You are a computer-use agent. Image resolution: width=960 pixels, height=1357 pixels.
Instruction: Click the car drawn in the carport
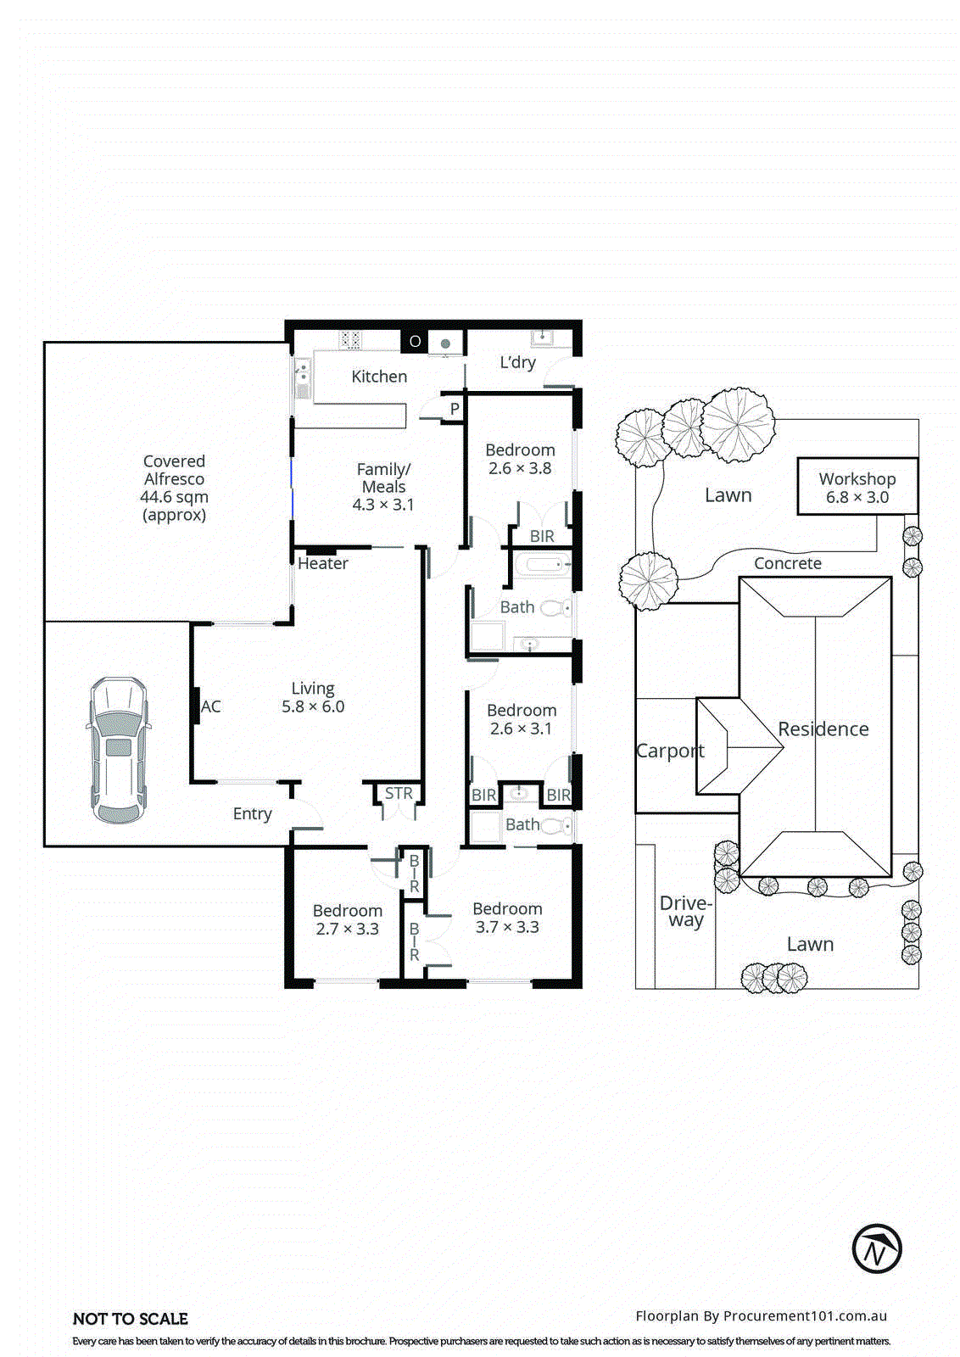click(119, 750)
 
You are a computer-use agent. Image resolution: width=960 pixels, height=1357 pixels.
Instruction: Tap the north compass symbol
click(876, 1248)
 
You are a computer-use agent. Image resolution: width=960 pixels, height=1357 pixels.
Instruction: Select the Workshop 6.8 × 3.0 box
click(857, 487)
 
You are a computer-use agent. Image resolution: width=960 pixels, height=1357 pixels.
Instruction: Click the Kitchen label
click(379, 377)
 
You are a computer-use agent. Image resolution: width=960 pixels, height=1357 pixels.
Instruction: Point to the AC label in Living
click(210, 706)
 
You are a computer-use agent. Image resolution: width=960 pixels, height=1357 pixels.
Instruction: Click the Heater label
click(322, 563)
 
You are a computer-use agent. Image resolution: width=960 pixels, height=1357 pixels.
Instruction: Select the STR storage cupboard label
click(399, 793)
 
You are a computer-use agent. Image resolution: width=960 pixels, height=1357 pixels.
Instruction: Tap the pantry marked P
click(455, 409)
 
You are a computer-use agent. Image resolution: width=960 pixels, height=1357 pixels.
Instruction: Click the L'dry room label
click(517, 362)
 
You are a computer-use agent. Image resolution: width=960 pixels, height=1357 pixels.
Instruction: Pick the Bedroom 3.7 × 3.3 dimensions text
click(507, 927)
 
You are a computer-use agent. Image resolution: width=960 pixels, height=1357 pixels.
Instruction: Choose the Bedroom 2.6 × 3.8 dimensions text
click(520, 468)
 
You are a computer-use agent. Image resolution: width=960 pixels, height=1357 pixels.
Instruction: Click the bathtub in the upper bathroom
click(541, 563)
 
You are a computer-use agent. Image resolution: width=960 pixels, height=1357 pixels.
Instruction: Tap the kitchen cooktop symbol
click(350, 340)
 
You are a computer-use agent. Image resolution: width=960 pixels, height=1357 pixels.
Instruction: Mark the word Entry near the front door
click(252, 813)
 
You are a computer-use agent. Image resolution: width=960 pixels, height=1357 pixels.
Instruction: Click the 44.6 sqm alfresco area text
click(174, 497)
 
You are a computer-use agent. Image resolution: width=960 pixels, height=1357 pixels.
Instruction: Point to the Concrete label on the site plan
click(787, 563)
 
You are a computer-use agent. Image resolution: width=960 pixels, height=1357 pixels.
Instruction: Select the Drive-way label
click(685, 912)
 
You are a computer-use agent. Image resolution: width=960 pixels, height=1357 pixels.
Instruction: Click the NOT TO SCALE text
click(131, 1319)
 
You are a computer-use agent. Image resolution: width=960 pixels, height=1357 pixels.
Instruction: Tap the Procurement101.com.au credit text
click(761, 1315)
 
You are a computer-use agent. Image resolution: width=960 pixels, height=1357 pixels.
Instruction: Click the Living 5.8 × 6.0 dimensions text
click(313, 706)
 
